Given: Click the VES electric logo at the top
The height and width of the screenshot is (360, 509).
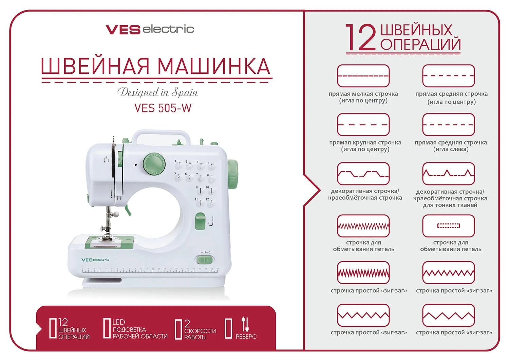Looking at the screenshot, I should pos(150,29).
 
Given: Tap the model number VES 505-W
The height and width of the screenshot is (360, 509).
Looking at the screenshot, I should pos(163,108).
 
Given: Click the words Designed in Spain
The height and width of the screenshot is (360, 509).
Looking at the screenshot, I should pos(157,92).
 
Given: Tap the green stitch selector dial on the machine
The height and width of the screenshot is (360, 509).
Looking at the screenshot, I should pos(154,164).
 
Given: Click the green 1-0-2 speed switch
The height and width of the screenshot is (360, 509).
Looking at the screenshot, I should pos(205,260).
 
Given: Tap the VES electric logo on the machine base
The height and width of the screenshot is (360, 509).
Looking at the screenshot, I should pos(95,260).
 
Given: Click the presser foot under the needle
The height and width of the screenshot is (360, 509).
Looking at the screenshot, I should pos(106,237).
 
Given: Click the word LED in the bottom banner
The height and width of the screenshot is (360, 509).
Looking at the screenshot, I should pos(119,322).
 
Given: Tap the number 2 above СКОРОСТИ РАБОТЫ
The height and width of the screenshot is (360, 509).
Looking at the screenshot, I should pos(187,323).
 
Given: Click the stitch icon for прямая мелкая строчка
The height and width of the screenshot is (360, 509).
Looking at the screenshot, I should pos(363,76).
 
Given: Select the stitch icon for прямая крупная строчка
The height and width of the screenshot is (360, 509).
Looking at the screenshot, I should pos(363,124).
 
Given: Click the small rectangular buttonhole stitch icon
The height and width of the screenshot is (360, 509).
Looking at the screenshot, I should pos(448,226).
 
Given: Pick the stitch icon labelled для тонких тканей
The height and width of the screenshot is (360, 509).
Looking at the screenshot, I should pos(448,174).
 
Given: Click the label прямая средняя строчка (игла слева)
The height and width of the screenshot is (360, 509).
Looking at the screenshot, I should pos(451,146).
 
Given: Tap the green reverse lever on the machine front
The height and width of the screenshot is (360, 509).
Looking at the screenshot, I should pos(200,221).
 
